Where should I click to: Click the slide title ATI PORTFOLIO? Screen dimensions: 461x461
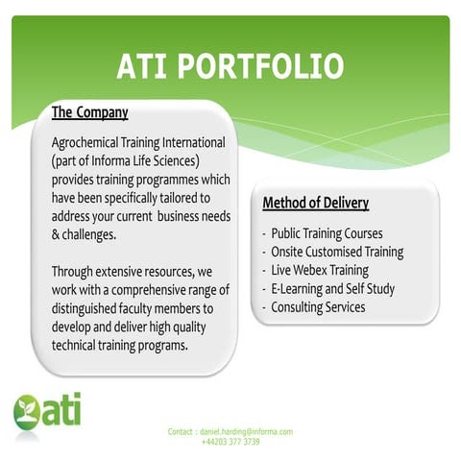click(230, 65)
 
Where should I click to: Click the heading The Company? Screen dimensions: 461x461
click(89, 112)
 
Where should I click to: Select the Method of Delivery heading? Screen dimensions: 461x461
click(316, 203)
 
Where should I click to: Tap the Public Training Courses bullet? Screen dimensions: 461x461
click(327, 233)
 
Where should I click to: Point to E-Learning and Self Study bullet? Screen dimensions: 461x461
click(333, 288)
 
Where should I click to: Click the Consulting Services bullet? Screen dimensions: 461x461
click(318, 306)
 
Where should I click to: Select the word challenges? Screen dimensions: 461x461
click(90, 234)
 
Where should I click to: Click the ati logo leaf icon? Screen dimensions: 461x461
click(26, 410)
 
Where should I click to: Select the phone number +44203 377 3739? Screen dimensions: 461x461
click(230, 442)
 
